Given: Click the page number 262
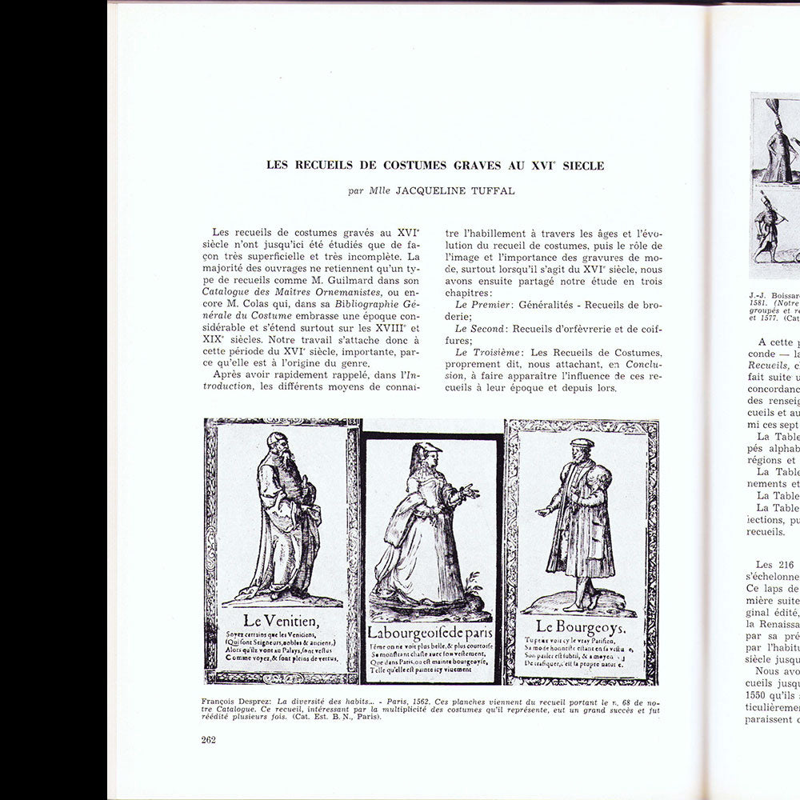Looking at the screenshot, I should pyautogui.click(x=209, y=739).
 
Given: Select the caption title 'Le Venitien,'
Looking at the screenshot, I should pyautogui.click(x=282, y=620).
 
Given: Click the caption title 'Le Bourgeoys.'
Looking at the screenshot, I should pyautogui.click(x=581, y=626).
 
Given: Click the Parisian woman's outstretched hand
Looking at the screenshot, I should pyautogui.click(x=471, y=492).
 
